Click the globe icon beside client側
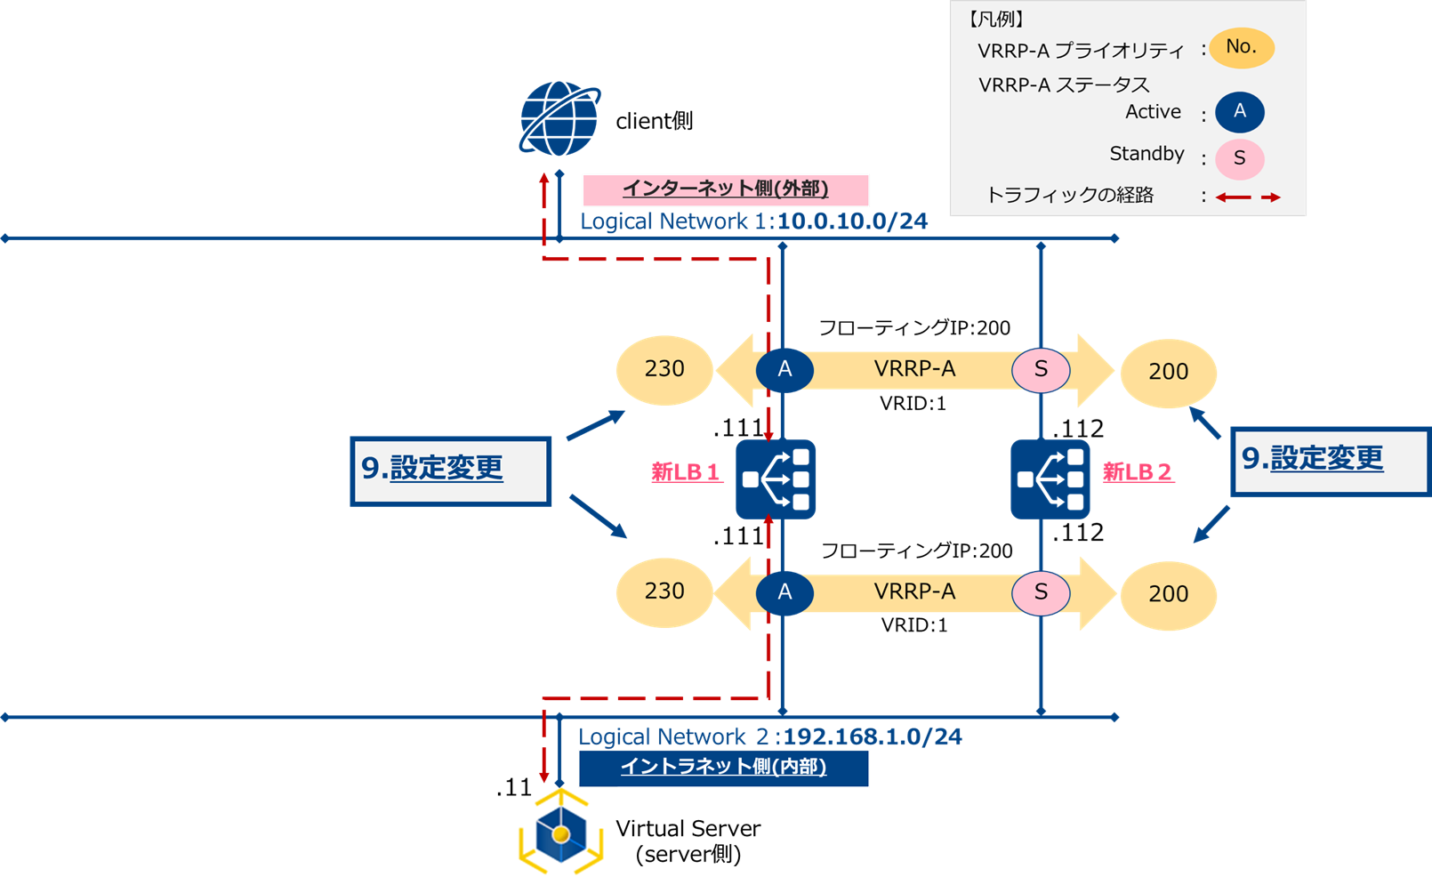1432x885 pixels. click(559, 119)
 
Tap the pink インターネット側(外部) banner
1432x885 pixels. click(725, 189)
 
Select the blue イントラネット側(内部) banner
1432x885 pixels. click(723, 768)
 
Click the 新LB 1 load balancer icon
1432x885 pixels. click(776, 479)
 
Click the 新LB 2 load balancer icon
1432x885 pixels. click(1050, 479)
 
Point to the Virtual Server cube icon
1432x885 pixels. click(560, 833)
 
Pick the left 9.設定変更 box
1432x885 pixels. click(451, 471)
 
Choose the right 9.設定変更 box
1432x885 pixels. click(1330, 461)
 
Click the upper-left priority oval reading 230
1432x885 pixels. click(664, 370)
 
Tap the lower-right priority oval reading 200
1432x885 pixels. click(1168, 594)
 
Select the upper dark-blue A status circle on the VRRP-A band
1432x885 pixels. click(784, 370)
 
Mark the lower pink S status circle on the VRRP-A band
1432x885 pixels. click(1041, 592)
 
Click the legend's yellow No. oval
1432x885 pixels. click(1241, 47)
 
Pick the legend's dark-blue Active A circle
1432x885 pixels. click(1239, 112)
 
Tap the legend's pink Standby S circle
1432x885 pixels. click(1239, 159)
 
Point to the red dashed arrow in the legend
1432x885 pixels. click(1248, 197)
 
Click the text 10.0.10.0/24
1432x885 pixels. click(852, 221)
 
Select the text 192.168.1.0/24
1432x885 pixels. click(872, 736)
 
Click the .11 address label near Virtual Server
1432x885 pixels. click(514, 788)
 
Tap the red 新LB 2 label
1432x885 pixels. click(1138, 472)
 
